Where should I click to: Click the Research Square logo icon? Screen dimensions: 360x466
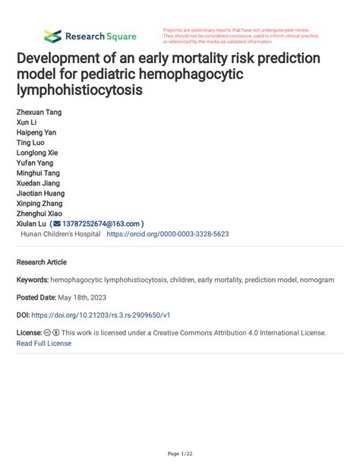click(x=52, y=36)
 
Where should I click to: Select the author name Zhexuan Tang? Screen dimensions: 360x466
click(x=39, y=113)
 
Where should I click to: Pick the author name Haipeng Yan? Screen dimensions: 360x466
click(x=36, y=132)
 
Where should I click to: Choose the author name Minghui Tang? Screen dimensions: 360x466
click(x=39, y=173)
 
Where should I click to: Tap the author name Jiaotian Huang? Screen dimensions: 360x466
click(x=40, y=194)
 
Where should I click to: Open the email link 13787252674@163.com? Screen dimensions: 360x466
click(x=102, y=224)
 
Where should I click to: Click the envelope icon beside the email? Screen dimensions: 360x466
click(x=57, y=224)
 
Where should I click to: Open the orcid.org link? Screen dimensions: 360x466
click(x=168, y=235)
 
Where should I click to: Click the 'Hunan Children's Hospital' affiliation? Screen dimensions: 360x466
click(x=61, y=235)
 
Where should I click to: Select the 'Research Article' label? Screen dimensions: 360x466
click(x=41, y=262)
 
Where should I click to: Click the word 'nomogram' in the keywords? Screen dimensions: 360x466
click(x=314, y=280)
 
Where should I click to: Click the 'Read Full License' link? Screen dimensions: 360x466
click(x=43, y=343)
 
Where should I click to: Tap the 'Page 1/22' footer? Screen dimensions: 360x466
click(x=179, y=454)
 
